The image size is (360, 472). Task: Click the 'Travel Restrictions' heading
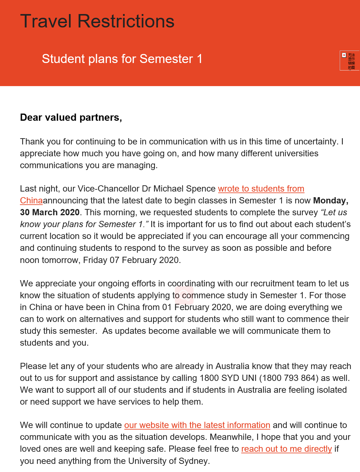(x=97, y=21)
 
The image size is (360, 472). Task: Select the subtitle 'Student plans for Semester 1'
(x=122, y=59)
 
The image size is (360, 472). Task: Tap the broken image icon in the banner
(x=344, y=55)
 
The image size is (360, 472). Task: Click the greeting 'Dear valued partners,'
(x=71, y=117)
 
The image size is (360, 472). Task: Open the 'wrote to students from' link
(x=261, y=189)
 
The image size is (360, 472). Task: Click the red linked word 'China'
(x=31, y=201)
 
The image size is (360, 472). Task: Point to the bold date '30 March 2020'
(x=50, y=212)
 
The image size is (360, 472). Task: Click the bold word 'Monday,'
(x=331, y=201)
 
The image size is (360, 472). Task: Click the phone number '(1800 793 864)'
(x=289, y=378)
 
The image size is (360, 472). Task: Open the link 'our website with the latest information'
(x=197, y=425)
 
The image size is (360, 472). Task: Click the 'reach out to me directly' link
(x=286, y=449)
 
